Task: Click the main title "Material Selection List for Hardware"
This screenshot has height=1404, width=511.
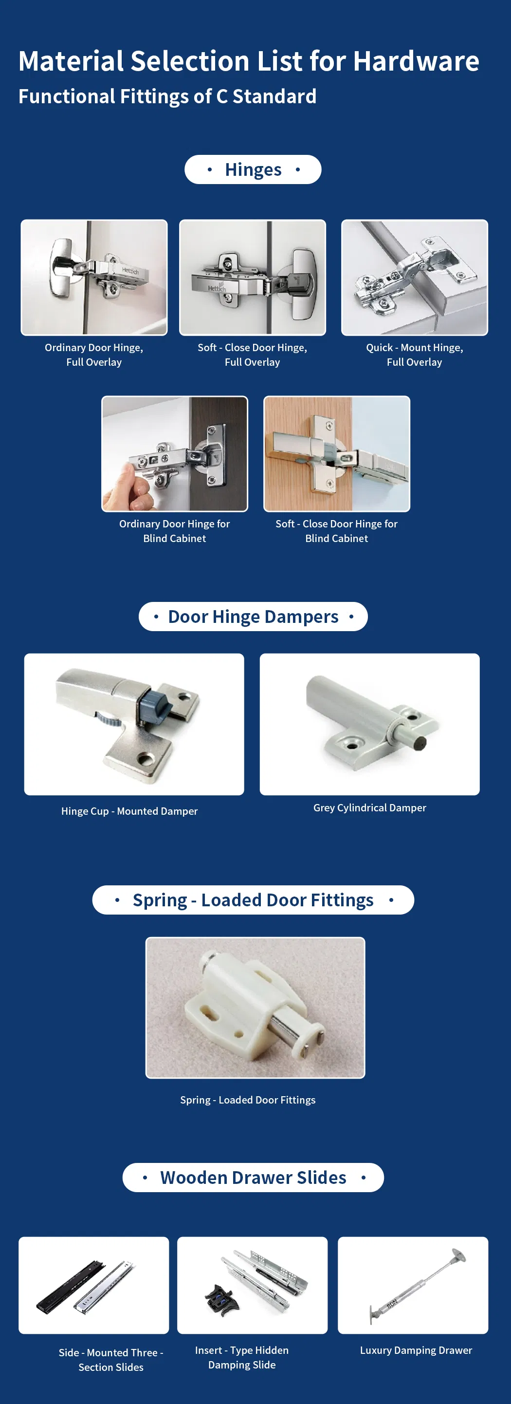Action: pyautogui.click(x=248, y=60)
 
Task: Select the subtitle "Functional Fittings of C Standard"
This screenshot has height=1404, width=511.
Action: pyautogui.click(x=167, y=96)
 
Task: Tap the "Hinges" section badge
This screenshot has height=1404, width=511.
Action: pyautogui.click(x=253, y=169)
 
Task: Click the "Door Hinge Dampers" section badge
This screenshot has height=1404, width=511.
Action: pyautogui.click(x=253, y=617)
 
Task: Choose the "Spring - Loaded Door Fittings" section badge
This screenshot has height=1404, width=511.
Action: pyautogui.click(x=253, y=900)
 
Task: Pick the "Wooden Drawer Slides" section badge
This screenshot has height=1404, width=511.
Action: pyautogui.click(x=253, y=1177)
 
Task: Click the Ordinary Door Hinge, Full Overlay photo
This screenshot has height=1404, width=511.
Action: pyautogui.click(x=94, y=278)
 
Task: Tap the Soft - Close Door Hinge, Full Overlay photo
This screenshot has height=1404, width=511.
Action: pyautogui.click(x=252, y=278)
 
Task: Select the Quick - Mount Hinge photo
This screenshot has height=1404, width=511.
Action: pyautogui.click(x=414, y=278)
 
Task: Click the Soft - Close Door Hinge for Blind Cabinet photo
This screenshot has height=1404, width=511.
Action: pyautogui.click(x=336, y=454)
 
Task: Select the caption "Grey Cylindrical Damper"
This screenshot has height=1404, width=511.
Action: pyautogui.click(x=369, y=808)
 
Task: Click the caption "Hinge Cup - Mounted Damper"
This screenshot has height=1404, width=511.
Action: pyautogui.click(x=129, y=811)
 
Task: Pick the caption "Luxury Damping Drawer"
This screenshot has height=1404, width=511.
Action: pyautogui.click(x=416, y=1350)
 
